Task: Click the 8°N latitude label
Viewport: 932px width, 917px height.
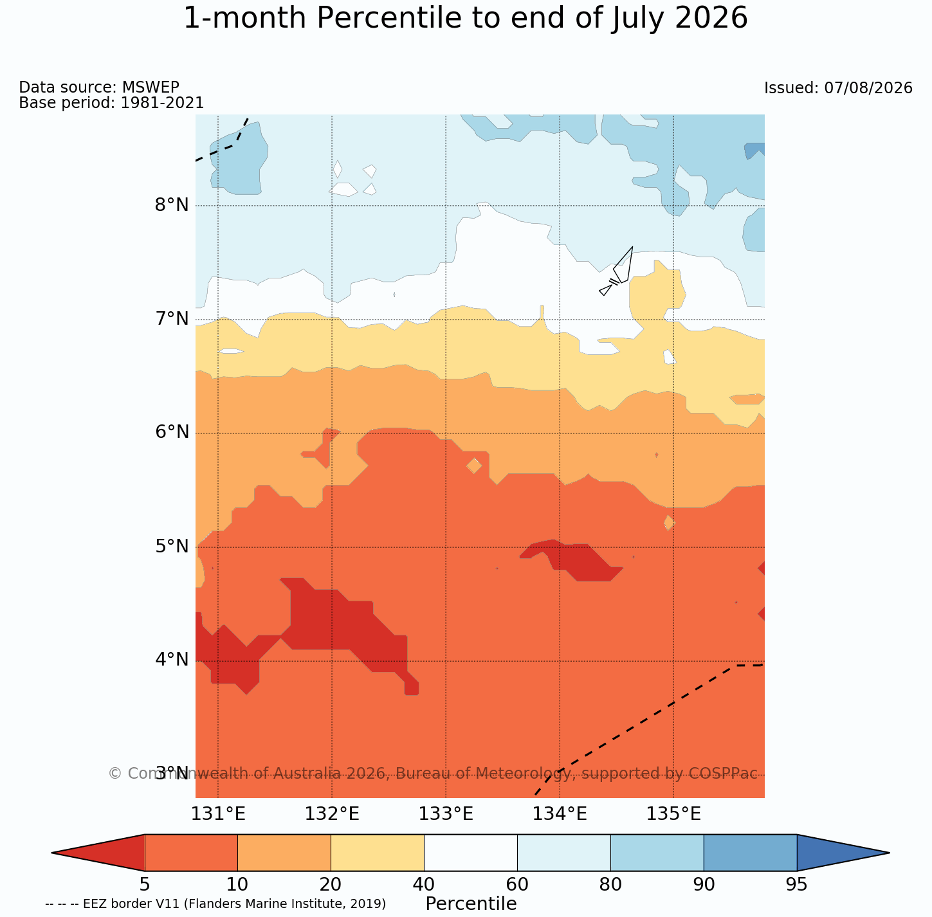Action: [x=172, y=205]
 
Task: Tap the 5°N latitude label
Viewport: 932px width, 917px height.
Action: [x=172, y=546]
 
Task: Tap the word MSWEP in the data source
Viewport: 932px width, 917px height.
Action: [x=151, y=87]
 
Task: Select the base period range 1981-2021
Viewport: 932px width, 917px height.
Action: [x=162, y=102]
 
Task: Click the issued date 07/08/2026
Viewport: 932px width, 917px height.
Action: [x=868, y=88]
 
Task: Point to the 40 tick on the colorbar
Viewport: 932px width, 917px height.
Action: [x=424, y=884]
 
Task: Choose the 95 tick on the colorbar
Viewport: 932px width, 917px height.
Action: [x=796, y=884]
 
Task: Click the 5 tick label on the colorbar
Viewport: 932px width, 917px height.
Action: [x=145, y=884]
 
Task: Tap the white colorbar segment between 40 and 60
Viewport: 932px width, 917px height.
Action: [x=471, y=853]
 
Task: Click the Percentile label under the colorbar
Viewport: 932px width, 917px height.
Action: [x=471, y=903]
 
